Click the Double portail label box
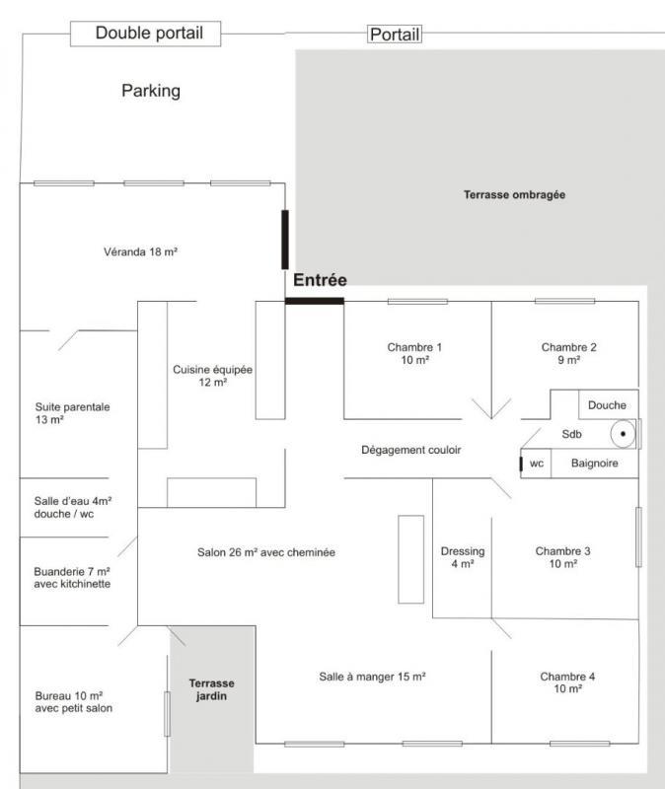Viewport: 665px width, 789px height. (149, 34)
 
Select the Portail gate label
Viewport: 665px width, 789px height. (395, 35)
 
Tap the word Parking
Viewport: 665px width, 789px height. (151, 91)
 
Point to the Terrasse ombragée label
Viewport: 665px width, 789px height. (514, 195)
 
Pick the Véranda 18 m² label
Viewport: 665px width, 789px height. (140, 252)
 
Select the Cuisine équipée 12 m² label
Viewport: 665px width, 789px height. (213, 376)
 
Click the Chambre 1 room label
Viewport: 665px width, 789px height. (414, 354)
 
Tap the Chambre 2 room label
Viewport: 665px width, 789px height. (568, 354)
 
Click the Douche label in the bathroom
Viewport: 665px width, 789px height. (607, 405)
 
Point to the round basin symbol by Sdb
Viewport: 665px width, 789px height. (623, 433)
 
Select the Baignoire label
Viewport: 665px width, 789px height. (595, 464)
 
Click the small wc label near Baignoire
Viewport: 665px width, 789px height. (537, 464)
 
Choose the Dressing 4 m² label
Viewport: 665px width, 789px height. (462, 557)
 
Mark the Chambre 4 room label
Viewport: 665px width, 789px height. (567, 682)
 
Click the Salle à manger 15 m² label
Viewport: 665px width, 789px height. (372, 677)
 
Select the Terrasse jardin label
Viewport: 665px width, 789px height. (212, 689)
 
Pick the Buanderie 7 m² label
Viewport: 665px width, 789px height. (72, 577)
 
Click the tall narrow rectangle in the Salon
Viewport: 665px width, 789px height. (410, 558)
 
